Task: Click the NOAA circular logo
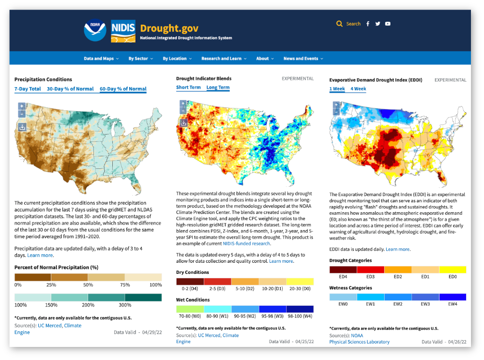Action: pos(95,30)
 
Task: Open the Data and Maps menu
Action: pos(99,59)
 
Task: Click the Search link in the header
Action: pos(353,24)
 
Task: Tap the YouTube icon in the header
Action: pos(388,24)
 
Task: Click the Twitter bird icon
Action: pos(378,24)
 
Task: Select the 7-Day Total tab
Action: pos(28,89)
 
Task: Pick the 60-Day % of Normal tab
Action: pos(123,89)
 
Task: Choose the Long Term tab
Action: pos(218,88)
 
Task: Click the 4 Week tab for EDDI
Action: pos(358,89)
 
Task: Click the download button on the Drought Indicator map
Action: pos(183,123)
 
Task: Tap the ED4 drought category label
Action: pos(343,277)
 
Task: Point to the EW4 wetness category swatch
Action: pos(453,297)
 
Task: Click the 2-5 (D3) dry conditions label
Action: pos(217,289)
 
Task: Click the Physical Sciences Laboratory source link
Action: pos(359,342)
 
